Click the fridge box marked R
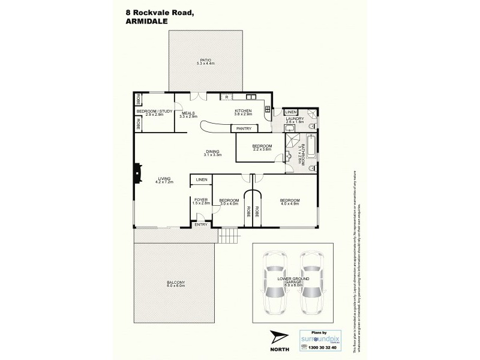click(x=226, y=96)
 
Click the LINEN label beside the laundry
click(x=290, y=112)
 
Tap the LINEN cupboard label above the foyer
click(x=200, y=179)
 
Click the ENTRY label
click(x=200, y=225)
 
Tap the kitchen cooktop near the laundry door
click(x=267, y=109)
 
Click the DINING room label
click(x=212, y=151)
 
